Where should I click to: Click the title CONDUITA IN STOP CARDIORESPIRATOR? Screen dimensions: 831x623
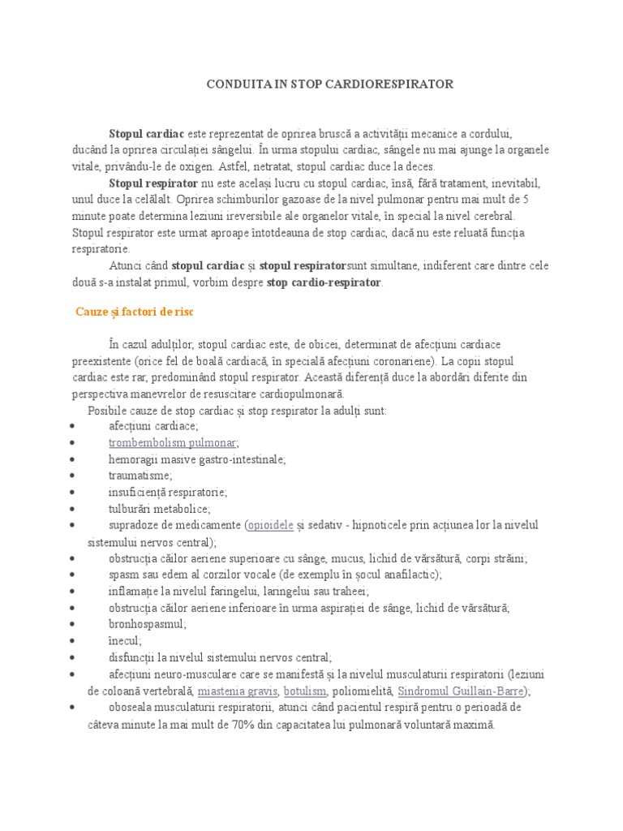click(327, 84)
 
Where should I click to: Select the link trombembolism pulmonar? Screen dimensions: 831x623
click(172, 442)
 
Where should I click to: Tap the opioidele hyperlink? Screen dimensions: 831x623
click(271, 525)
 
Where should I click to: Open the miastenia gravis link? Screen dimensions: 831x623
click(238, 691)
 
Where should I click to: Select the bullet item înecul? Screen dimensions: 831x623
click(125, 640)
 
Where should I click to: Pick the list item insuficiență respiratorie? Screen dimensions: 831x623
click(168, 492)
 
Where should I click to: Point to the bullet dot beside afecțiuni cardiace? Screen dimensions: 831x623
click(74, 426)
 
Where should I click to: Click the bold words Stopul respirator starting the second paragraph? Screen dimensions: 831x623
click(153, 183)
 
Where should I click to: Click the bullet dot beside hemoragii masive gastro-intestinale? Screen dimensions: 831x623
click(74, 459)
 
